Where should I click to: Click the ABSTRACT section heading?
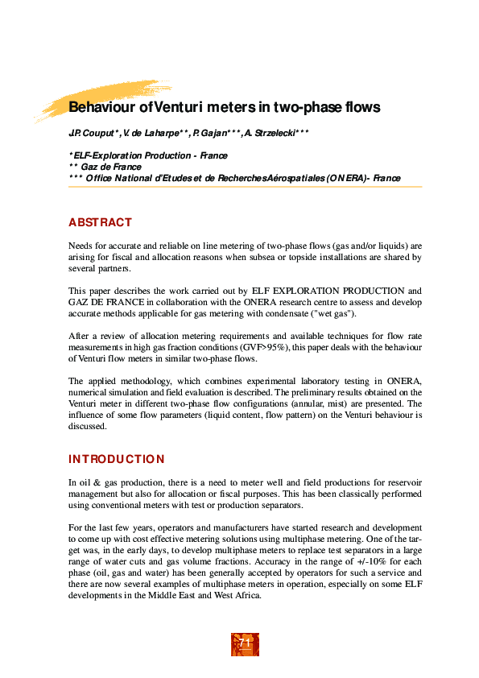pos(100,222)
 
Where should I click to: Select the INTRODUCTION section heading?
pos(116,459)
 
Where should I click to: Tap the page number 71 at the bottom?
pos(245,643)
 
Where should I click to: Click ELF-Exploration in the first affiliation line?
pos(101,155)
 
